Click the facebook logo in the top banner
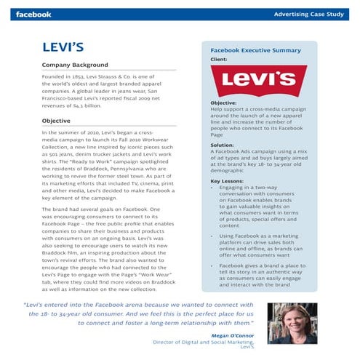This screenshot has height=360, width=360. click(33, 14)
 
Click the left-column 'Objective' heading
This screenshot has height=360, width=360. click(56, 121)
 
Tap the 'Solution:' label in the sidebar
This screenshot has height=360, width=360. click(222, 145)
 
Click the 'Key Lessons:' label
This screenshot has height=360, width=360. click(226, 181)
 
